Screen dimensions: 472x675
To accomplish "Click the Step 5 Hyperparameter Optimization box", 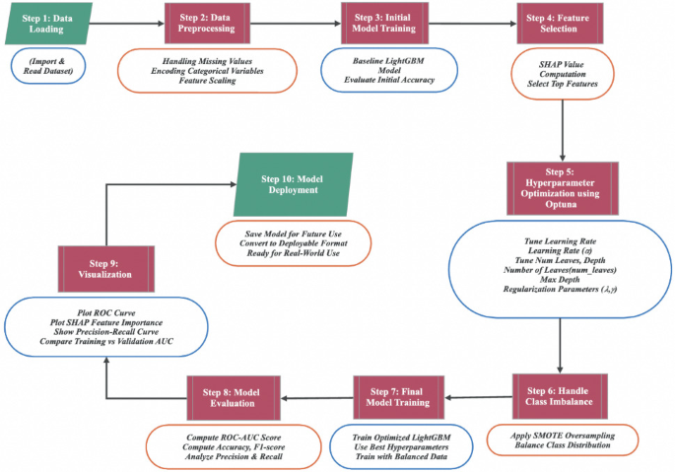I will point(561,185).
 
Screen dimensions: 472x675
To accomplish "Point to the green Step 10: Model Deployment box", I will point(293,184).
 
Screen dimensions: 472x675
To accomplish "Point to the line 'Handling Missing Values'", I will point(207,61).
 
